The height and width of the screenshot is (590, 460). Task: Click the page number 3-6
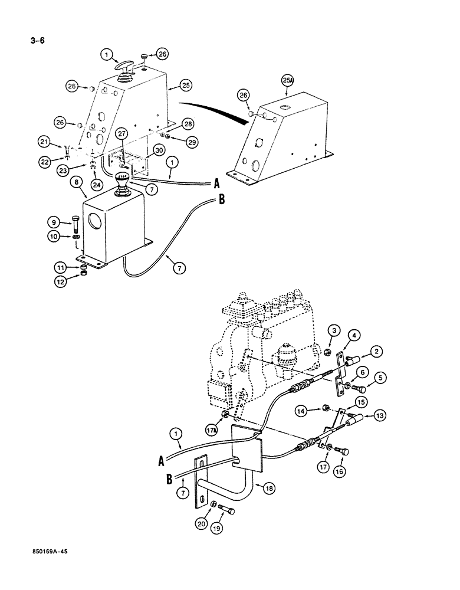pyautogui.click(x=37, y=41)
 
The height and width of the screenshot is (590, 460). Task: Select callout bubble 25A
pyautogui.click(x=288, y=80)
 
